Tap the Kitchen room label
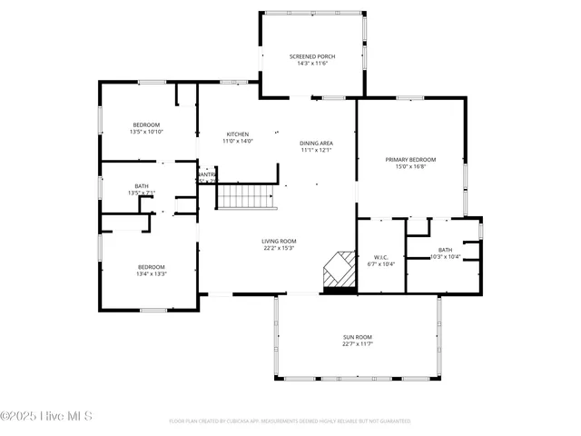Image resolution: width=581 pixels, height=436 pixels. coord(237,134)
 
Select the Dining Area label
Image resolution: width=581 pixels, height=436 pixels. coord(316,144)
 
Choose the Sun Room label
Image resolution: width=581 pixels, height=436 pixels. coord(358,337)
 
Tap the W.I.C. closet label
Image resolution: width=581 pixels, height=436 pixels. coord(381,257)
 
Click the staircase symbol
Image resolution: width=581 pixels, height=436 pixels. coord(246,196)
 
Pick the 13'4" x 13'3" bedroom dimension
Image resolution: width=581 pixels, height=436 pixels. coord(152,273)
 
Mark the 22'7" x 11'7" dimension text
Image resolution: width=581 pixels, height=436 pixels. coord(358,344)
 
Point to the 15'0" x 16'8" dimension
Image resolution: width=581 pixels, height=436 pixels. coord(410,166)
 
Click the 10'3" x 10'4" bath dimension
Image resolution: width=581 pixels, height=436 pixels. coord(445,257)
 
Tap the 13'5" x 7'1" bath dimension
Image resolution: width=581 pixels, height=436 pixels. coord(143,193)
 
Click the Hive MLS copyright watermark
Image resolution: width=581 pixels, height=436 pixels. coord(46,417)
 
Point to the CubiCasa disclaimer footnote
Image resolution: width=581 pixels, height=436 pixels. coord(290,421)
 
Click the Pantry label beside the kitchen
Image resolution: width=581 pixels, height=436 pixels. coord(207,174)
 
